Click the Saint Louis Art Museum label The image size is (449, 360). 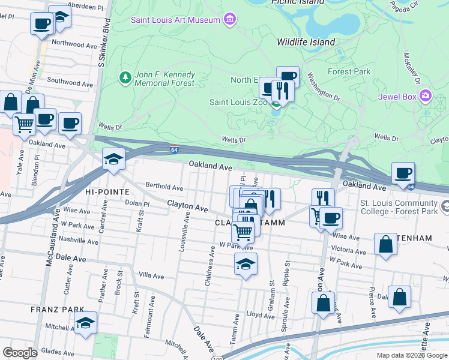176,20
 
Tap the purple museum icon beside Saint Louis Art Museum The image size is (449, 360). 229,20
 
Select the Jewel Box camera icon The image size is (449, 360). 426,96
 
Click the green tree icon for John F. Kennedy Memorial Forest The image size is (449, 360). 125,77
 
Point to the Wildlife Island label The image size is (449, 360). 306,42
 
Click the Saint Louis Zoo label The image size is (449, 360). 238,102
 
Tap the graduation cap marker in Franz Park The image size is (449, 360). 86,324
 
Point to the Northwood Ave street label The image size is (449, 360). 74,44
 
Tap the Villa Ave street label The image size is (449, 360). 151,277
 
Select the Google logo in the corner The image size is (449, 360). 20,353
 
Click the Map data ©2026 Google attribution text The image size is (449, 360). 411,355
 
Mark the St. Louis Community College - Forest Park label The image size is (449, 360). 398,207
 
